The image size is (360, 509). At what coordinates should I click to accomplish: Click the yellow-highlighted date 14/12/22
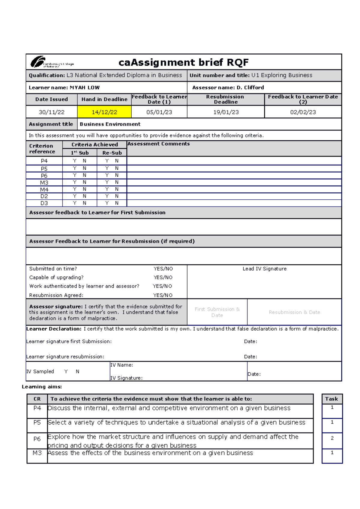pyautogui.click(x=104, y=112)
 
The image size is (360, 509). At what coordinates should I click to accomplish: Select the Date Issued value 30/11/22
pyautogui.click(x=52, y=112)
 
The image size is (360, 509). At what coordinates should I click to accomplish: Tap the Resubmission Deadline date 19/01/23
pyautogui.click(x=226, y=112)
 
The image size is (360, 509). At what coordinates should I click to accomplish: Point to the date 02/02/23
pyautogui.click(x=303, y=112)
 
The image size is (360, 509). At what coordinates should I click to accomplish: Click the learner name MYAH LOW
pyautogui.click(x=85, y=88)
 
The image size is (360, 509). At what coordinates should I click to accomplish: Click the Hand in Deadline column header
pyautogui.click(x=104, y=99)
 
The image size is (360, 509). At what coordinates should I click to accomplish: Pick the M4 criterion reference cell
pyautogui.click(x=44, y=189)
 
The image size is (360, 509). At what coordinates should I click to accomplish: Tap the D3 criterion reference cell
pyautogui.click(x=44, y=203)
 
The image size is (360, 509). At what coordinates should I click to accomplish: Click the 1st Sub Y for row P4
pyautogui.click(x=75, y=161)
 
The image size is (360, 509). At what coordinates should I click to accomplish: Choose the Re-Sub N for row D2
pyautogui.click(x=117, y=196)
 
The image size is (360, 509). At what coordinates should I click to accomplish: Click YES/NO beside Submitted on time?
pyautogui.click(x=163, y=269)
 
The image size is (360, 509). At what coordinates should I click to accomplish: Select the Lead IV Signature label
pyautogui.click(x=264, y=269)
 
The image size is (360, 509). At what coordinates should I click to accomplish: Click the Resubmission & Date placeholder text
pyautogui.click(x=294, y=312)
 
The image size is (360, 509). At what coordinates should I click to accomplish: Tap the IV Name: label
pyautogui.click(x=121, y=365)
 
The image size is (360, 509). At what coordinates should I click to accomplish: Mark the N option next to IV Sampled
pyautogui.click(x=77, y=371)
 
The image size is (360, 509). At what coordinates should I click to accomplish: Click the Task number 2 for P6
pyautogui.click(x=332, y=438)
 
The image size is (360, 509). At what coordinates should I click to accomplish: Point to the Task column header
pyautogui.click(x=331, y=399)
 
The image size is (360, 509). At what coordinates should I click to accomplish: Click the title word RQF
pyautogui.click(x=238, y=62)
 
